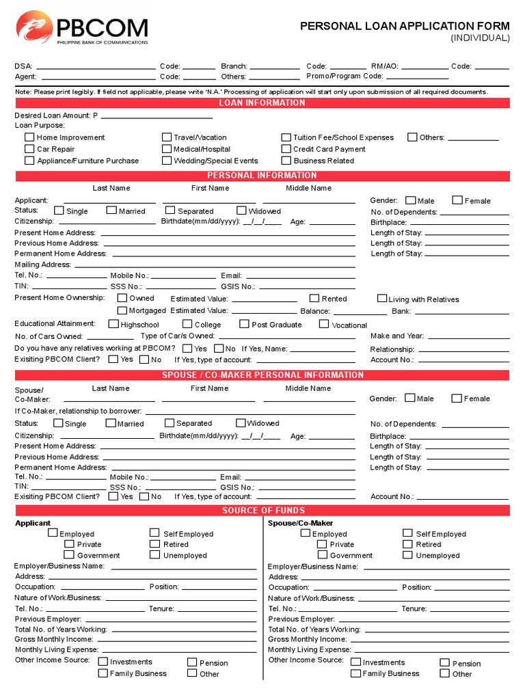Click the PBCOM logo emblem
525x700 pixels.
pos(32,28)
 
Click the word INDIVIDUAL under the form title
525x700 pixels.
pos(480,38)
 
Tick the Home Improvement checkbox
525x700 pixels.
pos(29,137)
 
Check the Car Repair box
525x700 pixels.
pos(29,148)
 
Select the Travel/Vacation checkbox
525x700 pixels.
pos(166,137)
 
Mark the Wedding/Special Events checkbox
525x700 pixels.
pos(166,160)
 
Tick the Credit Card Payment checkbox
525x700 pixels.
pos(286,148)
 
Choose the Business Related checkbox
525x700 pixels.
pos(286,160)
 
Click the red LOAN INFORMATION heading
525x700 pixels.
pos(262,103)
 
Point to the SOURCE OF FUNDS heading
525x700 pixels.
pos(262,511)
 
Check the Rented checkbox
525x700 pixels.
pos(314,298)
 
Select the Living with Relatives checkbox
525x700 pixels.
pos(382,299)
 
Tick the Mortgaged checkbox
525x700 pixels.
pos(122,310)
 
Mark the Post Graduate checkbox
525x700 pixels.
pos(244,324)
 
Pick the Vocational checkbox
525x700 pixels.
pos(324,324)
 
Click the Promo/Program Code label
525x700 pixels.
pos(345,77)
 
